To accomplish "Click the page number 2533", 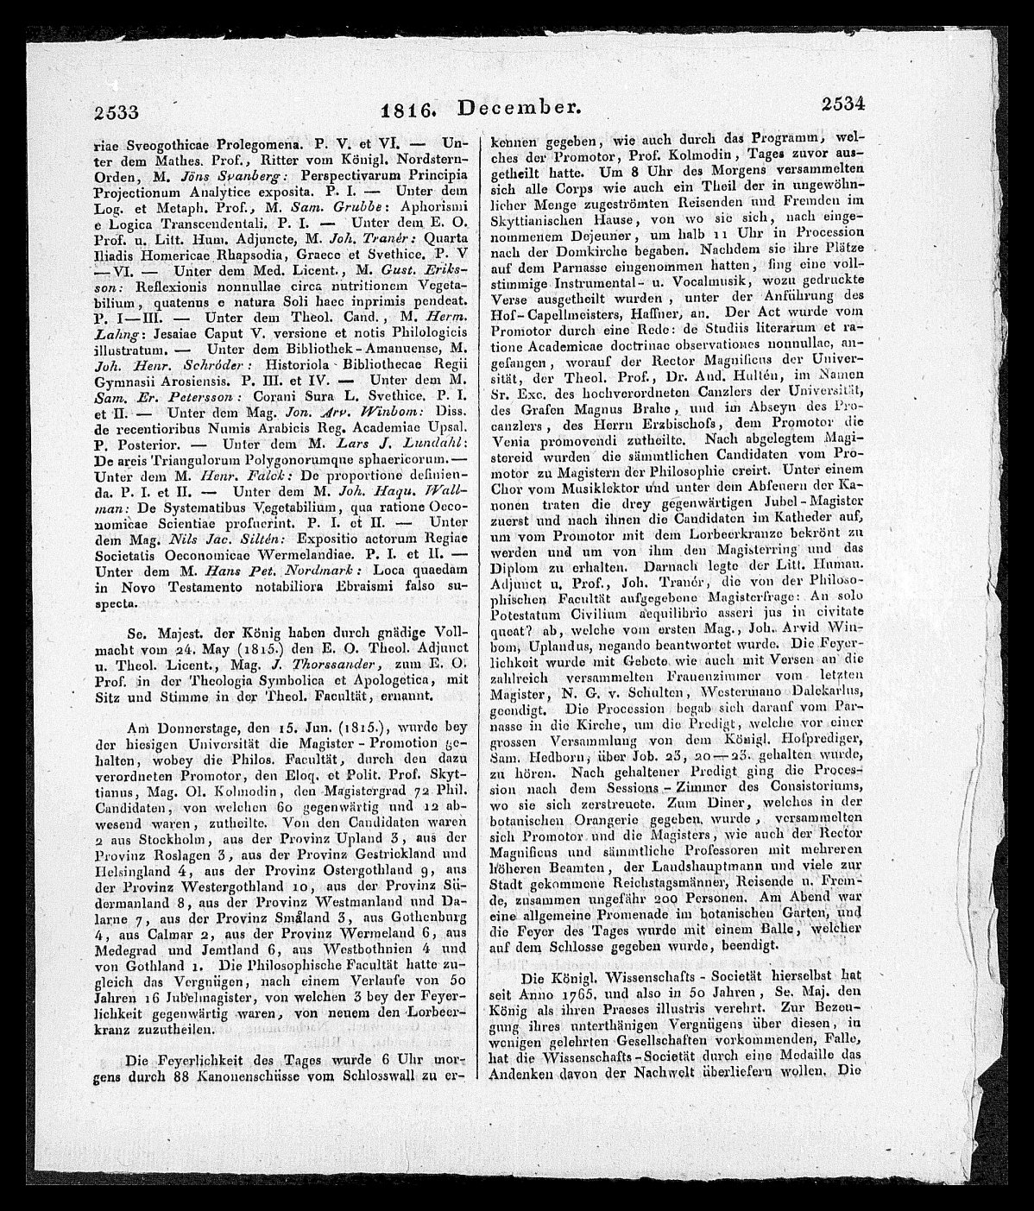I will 118,110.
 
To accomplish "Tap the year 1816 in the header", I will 411,109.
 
